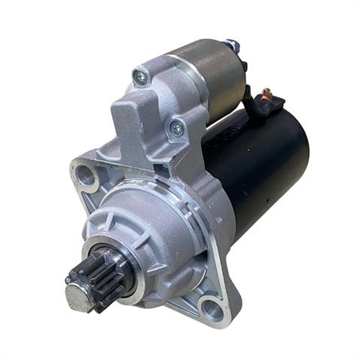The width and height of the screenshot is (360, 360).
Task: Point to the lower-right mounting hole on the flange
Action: (213, 309)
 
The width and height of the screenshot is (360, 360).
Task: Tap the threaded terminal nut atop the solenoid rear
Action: (234, 47)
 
